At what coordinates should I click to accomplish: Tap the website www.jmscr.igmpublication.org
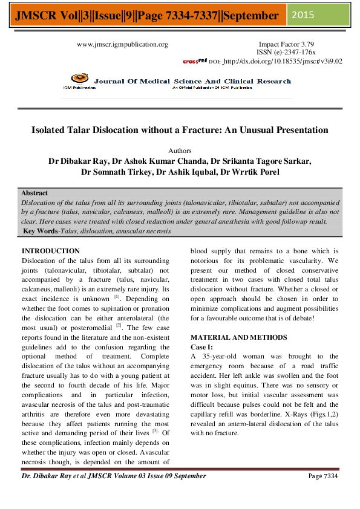point(122,44)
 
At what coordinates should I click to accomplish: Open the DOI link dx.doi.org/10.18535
point(283,61)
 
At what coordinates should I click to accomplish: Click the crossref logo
point(194,61)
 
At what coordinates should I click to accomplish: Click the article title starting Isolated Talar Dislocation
point(180,130)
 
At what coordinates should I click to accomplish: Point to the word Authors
point(180,151)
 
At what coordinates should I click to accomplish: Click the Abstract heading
point(34,193)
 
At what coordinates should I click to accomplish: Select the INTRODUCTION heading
point(50,250)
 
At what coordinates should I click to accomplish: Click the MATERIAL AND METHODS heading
point(235,337)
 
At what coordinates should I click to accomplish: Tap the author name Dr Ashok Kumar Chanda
point(155,161)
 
